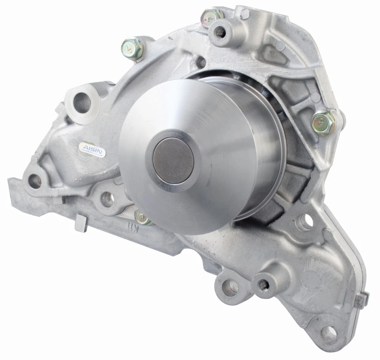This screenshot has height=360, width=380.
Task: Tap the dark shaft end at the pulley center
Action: (173, 162)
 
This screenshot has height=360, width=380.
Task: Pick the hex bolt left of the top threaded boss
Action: (133, 48)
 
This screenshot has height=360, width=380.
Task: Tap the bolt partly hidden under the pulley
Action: (142, 217)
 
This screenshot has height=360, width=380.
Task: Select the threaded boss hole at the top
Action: (220, 32)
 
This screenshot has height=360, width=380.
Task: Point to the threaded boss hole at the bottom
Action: (263, 284)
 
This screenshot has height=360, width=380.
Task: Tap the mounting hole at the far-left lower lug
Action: (35, 181)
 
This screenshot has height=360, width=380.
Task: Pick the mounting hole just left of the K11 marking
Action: (107, 199)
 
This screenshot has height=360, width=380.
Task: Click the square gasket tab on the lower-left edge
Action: (81, 223)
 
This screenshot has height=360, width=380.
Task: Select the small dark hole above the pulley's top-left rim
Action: (201, 62)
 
